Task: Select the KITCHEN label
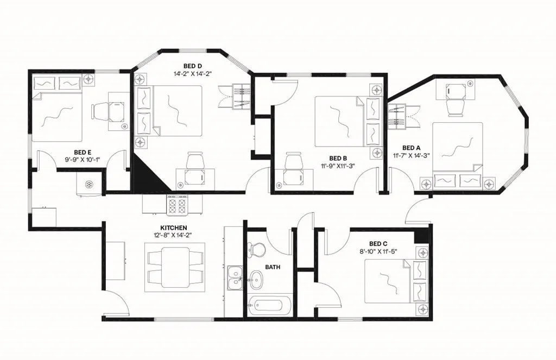tap(174, 228)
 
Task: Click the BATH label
tap(272, 267)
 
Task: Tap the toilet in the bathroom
tap(256, 249)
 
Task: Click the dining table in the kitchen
tap(175, 266)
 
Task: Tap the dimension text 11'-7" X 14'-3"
tap(412, 155)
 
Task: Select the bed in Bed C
tap(388, 281)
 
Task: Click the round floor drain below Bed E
tap(87, 184)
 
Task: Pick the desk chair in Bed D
tap(194, 161)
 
